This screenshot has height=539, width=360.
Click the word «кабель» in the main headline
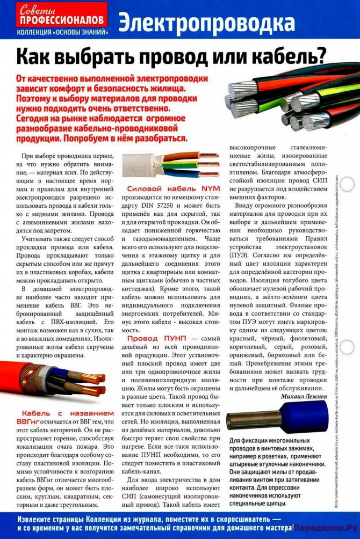coord(281,55)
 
